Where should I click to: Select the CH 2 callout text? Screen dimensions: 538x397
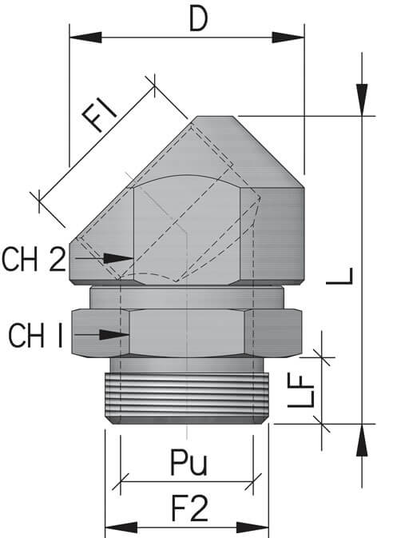point(34,259)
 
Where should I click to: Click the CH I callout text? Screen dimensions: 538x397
point(36,335)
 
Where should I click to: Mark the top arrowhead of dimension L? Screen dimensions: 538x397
point(363,101)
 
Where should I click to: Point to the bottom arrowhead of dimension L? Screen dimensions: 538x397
point(363,439)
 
